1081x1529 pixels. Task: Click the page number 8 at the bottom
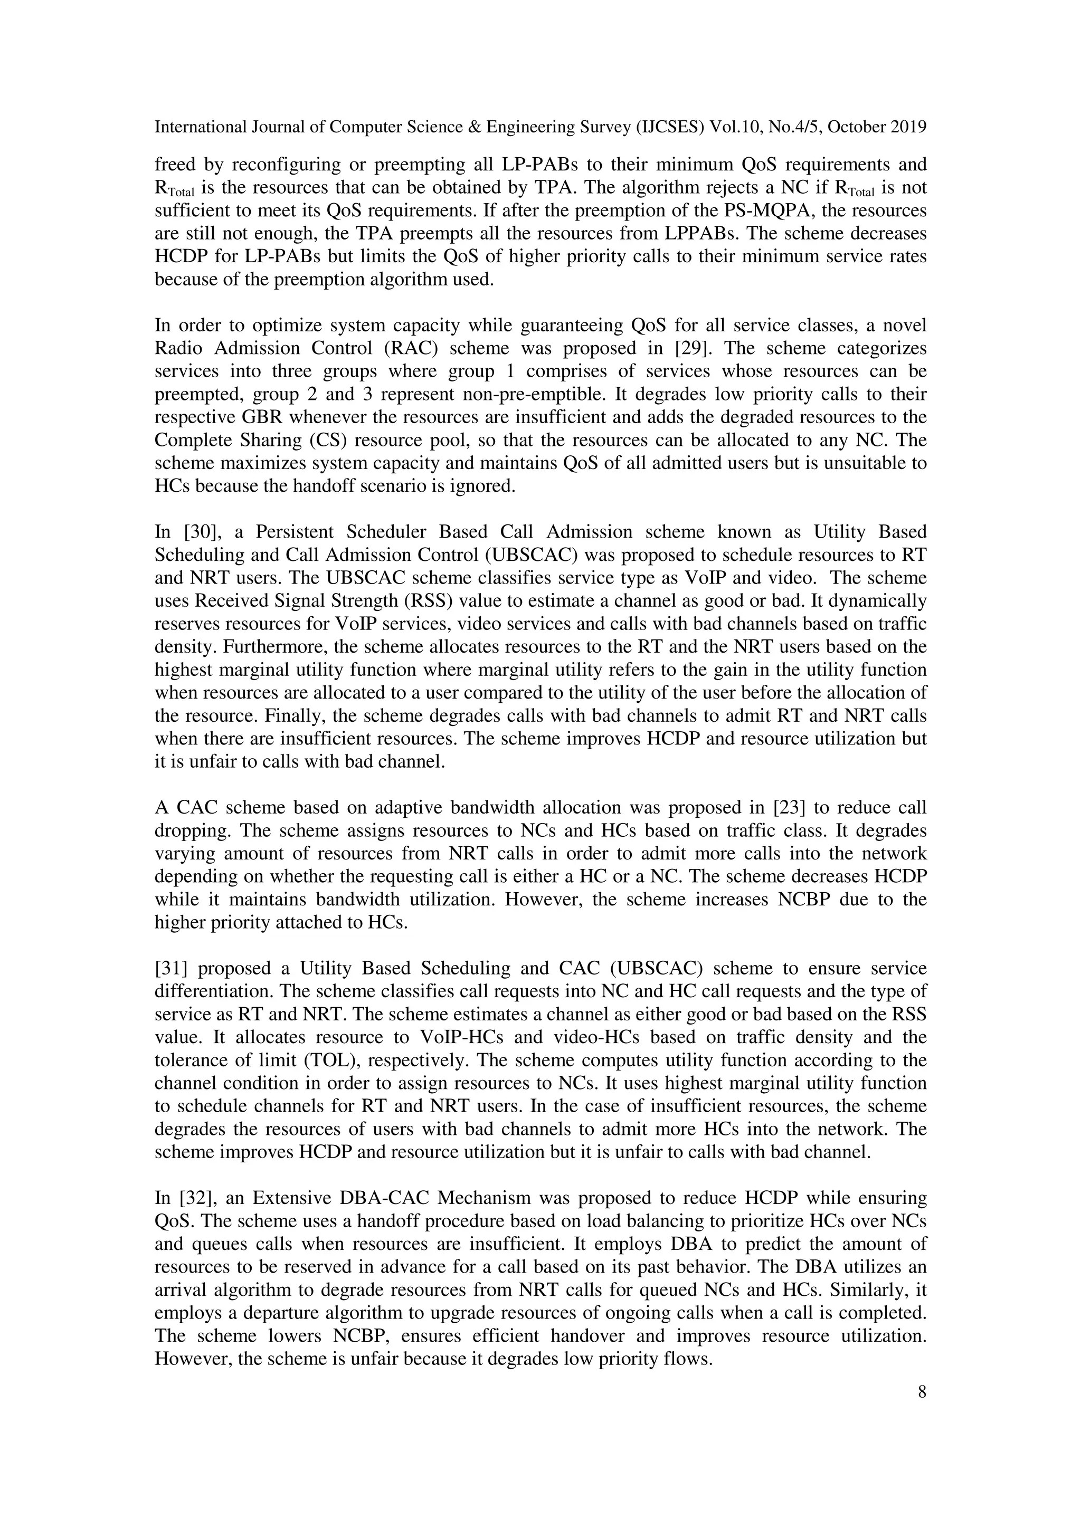[922, 1392]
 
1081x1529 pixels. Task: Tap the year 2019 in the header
[908, 127]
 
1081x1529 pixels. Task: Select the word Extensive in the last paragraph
[292, 1198]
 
